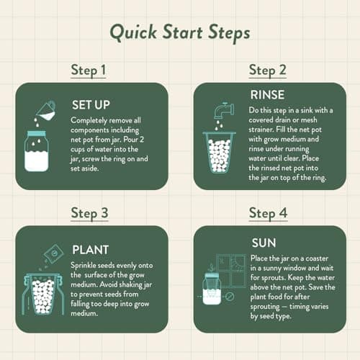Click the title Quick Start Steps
click(x=179, y=33)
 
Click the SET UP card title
click(x=90, y=102)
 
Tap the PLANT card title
click(x=90, y=251)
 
